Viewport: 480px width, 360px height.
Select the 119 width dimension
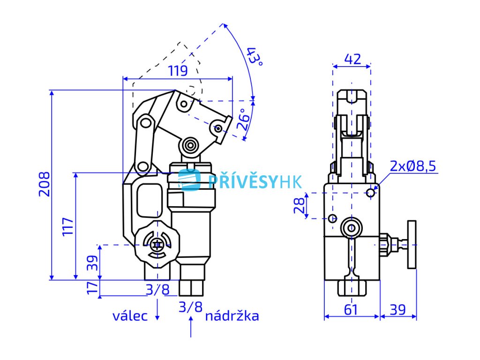click(178, 71)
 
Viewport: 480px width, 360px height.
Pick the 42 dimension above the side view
click(352, 59)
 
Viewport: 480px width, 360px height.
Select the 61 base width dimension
click(351, 309)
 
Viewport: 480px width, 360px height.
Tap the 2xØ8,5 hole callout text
click(413, 165)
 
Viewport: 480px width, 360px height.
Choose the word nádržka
click(232, 316)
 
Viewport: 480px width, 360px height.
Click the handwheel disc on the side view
click(412, 244)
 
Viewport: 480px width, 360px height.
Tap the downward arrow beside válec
click(157, 311)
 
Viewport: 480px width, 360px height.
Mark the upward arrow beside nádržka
click(191, 326)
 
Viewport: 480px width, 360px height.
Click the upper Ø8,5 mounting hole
click(371, 192)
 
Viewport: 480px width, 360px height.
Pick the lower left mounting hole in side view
click(332, 218)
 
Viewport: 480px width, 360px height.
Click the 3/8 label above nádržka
click(190, 307)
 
